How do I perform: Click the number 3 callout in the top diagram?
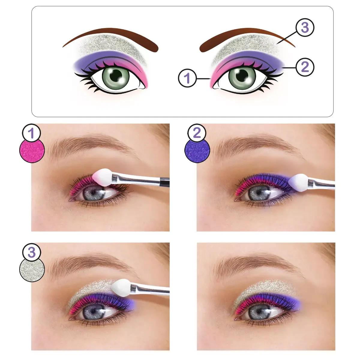click(305, 28)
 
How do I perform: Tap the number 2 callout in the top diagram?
click(305, 67)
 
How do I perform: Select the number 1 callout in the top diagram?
click(187, 78)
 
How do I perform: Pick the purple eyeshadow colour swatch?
click(197, 150)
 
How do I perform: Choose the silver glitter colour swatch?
click(32, 269)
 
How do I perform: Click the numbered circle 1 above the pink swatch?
click(31, 133)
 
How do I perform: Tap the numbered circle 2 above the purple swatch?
click(196, 133)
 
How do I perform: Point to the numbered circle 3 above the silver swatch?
click(31, 252)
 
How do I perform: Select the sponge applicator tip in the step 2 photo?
click(298, 182)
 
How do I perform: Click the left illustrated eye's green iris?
click(116, 76)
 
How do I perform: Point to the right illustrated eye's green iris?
click(242, 76)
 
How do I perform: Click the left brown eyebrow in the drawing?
click(111, 40)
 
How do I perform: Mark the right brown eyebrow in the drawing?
click(247, 40)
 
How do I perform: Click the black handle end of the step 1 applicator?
click(165, 182)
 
